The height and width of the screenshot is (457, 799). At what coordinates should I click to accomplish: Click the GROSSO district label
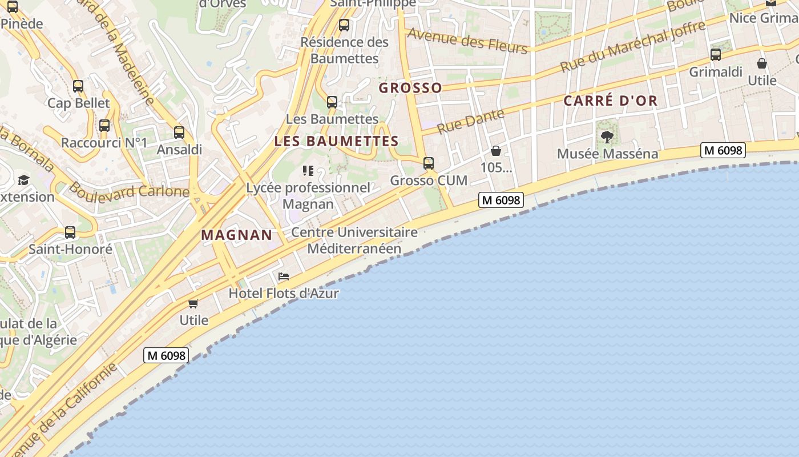coord(410,88)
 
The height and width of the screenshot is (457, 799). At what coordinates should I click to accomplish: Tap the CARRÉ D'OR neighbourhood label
coord(610,101)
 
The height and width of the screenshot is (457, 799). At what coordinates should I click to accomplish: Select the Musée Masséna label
coord(607,154)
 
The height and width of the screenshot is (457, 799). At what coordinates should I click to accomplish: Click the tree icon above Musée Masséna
coord(607,137)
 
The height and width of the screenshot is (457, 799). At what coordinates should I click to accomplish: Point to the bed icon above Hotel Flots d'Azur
coord(284,276)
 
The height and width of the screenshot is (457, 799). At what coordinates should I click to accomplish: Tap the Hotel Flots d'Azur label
coord(284,294)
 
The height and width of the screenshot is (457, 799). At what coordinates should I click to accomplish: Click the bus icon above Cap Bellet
coord(78,86)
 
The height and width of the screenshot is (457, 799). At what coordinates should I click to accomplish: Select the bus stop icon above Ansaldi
coord(179,133)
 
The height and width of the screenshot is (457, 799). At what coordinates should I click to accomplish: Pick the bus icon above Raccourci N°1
coord(104,126)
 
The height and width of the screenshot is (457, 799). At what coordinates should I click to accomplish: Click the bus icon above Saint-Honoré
coord(70,232)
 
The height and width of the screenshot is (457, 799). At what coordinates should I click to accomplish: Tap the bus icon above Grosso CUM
coord(429,163)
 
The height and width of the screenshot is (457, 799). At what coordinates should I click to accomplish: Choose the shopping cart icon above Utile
coord(193,303)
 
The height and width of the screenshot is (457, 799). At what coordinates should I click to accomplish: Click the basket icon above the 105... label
coord(496,151)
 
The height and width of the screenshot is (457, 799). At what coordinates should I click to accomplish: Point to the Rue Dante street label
coord(471,121)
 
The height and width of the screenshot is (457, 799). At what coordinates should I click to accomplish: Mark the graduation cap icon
coord(23,181)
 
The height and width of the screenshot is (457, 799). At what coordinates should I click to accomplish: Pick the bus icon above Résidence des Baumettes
coord(344,25)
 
